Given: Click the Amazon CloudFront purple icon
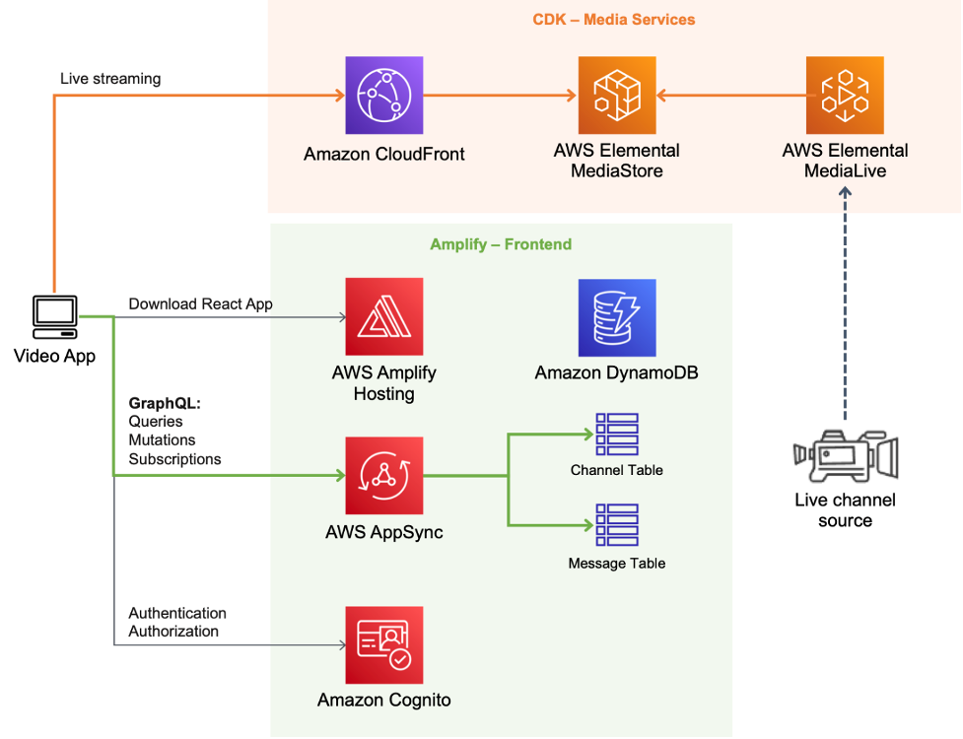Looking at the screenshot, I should [x=383, y=96].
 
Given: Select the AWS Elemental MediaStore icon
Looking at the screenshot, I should [x=616, y=96].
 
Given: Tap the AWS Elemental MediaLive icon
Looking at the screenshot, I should [x=845, y=96].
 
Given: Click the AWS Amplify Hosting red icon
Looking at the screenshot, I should [x=383, y=316].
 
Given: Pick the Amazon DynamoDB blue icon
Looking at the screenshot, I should [x=616, y=316].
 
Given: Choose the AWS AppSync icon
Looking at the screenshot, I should [x=383, y=476].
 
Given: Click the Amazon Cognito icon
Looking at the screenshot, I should [x=383, y=645].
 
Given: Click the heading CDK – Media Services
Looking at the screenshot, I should [x=616, y=20].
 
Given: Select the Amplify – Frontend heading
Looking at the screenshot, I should [x=501, y=244].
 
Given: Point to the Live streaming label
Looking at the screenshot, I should [x=110, y=78].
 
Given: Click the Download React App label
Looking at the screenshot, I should [x=200, y=304].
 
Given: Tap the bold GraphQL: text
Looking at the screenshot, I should [x=165, y=404].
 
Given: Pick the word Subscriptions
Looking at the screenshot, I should [x=174, y=459].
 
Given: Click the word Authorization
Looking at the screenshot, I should [x=173, y=631].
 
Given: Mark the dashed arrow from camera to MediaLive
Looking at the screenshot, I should [x=845, y=305].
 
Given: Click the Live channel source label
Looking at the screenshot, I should [x=845, y=510].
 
